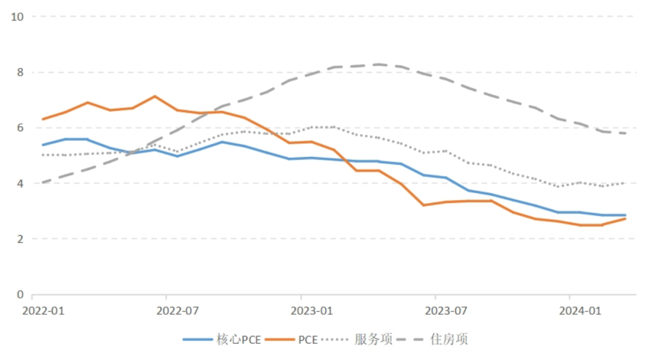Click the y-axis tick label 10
pos(17,17)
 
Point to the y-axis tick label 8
pos(19,72)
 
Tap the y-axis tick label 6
pos(19,128)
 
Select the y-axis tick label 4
pos(19,184)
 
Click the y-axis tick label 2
pos(19,239)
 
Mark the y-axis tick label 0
pos(19,295)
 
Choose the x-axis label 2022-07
pos(177,311)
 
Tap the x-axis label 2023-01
pos(312,311)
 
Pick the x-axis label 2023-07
pos(447,311)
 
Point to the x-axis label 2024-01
pos(580,311)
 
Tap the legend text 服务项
pos(374,339)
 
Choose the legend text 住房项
pos(449,339)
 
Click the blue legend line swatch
pos(197,339)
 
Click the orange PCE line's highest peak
pos(155,96)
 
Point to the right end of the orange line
pos(625,218)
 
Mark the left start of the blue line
pos(42,145)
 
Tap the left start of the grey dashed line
pos(42,182)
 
